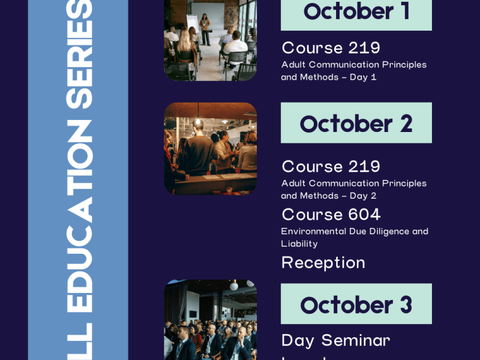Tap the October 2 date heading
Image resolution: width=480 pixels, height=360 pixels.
pyautogui.click(x=356, y=123)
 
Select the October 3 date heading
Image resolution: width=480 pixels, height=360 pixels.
pyautogui.click(x=356, y=304)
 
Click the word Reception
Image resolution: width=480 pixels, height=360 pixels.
pyautogui.click(x=323, y=263)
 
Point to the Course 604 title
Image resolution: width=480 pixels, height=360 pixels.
pyautogui.click(x=331, y=214)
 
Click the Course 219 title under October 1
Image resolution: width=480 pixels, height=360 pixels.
pyautogui.click(x=331, y=48)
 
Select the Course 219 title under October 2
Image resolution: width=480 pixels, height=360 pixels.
pyautogui.click(x=331, y=166)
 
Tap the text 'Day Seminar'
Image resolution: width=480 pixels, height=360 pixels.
pyautogui.click(x=336, y=340)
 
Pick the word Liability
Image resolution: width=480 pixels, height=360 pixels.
pyautogui.click(x=299, y=244)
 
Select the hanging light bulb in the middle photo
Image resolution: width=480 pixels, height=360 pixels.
pyautogui.click(x=198, y=121)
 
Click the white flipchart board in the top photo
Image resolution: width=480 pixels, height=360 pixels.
pyautogui.click(x=196, y=15)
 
